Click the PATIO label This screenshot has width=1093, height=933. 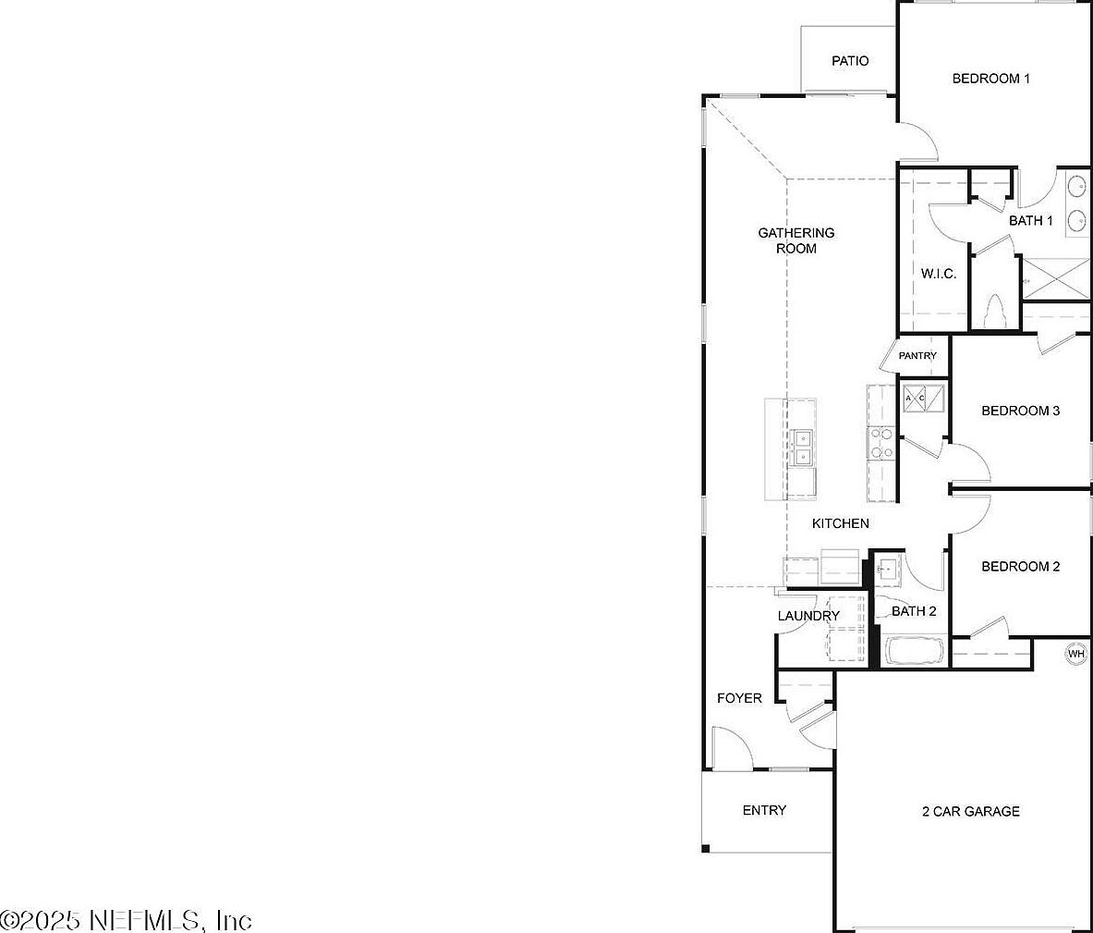pos(849,61)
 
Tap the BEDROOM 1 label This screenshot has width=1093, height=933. pos(990,79)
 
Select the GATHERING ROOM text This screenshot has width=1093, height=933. pos(795,240)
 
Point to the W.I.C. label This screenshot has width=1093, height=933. pos(938,274)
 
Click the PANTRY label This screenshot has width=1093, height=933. pos(917,356)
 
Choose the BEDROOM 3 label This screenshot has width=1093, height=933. pos(1020,411)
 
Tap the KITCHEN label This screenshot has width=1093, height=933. pos(840,523)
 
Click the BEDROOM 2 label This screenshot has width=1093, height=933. pos(1020,567)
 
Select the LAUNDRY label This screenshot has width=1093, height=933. pos(808,616)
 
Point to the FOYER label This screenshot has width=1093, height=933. pos(739,698)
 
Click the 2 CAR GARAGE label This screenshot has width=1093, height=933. pos(970,812)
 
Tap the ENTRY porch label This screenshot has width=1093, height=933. pos(764,810)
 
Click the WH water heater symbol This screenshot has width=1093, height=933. pos(1075,654)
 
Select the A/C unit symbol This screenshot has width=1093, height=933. pos(923,399)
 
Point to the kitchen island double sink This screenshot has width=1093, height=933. pos(154,447)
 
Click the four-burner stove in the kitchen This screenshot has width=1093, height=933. pos(880,443)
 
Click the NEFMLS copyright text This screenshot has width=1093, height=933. pos(126,920)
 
